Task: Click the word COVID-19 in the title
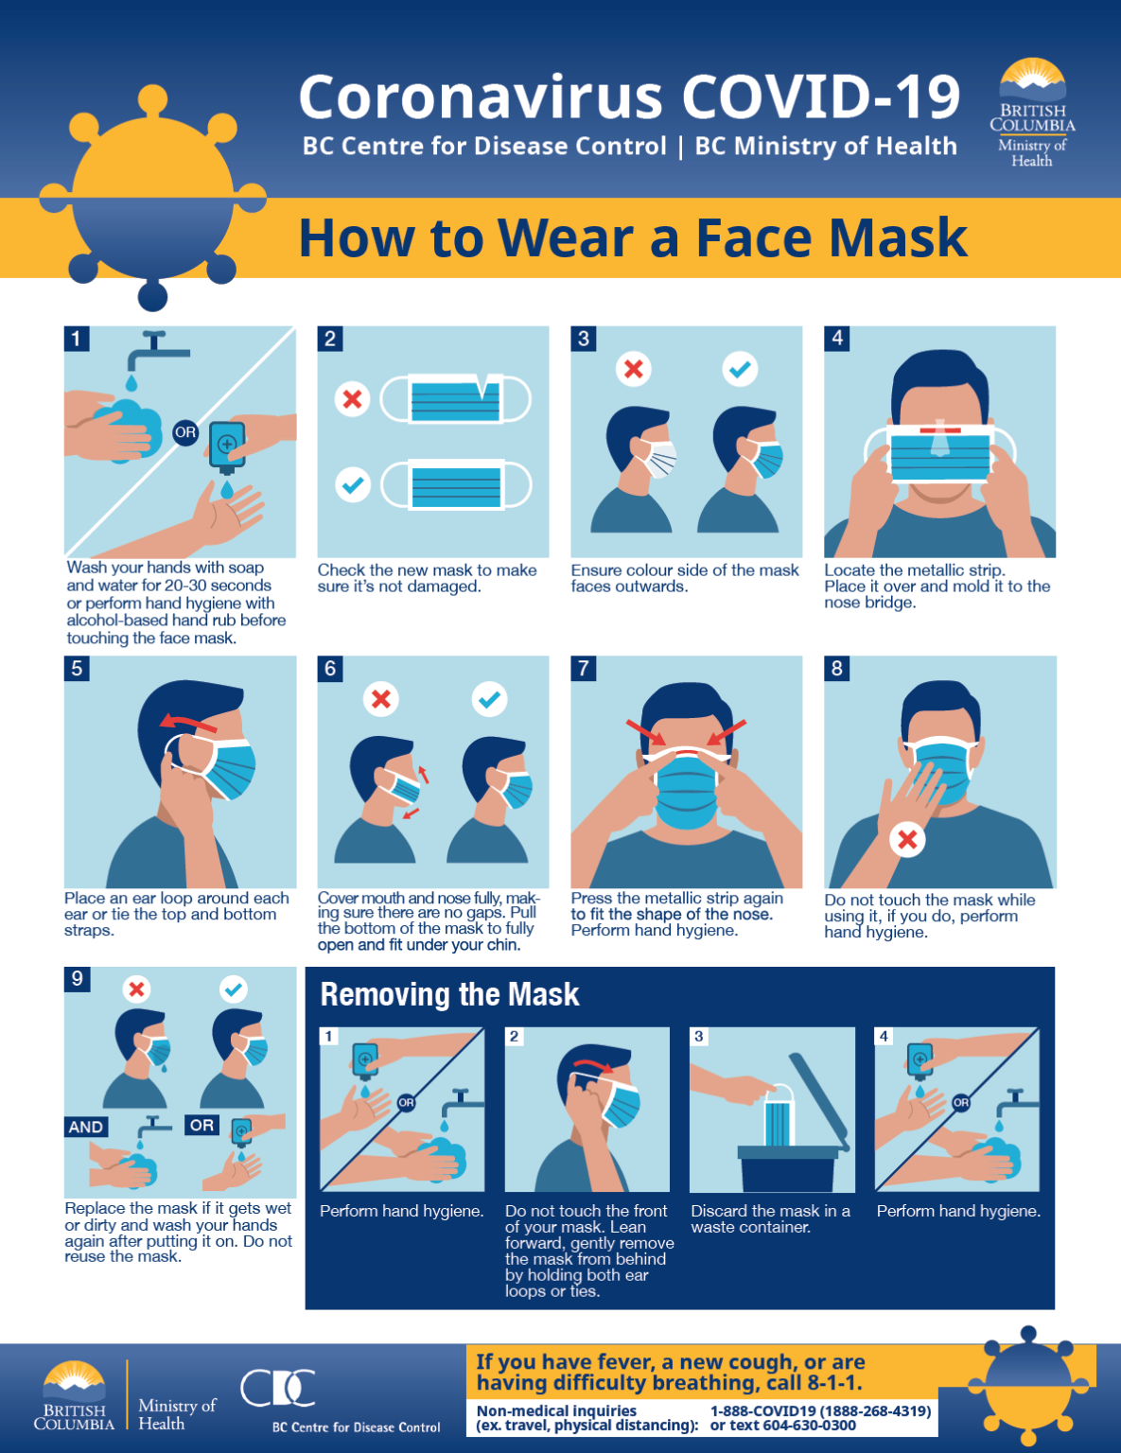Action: [x=820, y=96]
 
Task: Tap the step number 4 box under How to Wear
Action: [x=837, y=339]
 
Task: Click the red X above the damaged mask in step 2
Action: [x=353, y=399]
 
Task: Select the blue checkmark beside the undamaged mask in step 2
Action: [x=353, y=485]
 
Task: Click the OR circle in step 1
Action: [x=185, y=432]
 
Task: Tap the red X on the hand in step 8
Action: [x=907, y=839]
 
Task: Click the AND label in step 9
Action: [x=86, y=1127]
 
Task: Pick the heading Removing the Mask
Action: [x=449, y=994]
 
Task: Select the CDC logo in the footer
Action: [x=278, y=1389]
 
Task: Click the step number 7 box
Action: [x=584, y=669]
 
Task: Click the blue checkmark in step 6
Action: [x=489, y=699]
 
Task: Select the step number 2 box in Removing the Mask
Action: [x=515, y=1037]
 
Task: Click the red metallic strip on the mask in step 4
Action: [x=940, y=430]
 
